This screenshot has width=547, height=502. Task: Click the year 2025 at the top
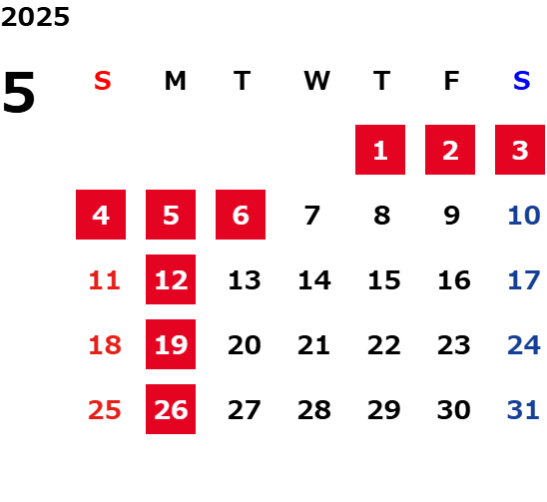pos(35,17)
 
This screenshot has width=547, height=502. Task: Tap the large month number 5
pos(19,92)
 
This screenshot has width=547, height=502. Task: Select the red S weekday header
pos(103,81)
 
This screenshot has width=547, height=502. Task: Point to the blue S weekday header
pos(521,81)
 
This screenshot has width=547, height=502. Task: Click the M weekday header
pos(175,81)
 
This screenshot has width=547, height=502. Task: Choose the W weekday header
pos(316,81)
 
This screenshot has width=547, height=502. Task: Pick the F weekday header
pos(452,81)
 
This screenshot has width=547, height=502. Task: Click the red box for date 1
pos(380,150)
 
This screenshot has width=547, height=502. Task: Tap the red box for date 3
pos(520,150)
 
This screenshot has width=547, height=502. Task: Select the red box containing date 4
pos(101,215)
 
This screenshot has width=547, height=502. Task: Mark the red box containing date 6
pos(241,215)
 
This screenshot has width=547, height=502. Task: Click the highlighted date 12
pos(171,279)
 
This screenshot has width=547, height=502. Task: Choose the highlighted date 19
pos(171,344)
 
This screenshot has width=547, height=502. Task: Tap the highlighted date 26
pos(171,409)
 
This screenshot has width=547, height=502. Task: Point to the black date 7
pos(311,216)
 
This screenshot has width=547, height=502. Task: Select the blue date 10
pos(524,216)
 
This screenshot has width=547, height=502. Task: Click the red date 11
pos(105,280)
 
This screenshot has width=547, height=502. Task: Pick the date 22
pos(384,345)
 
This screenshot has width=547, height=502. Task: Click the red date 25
pos(105,410)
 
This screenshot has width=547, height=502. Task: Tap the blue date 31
pos(523,410)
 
